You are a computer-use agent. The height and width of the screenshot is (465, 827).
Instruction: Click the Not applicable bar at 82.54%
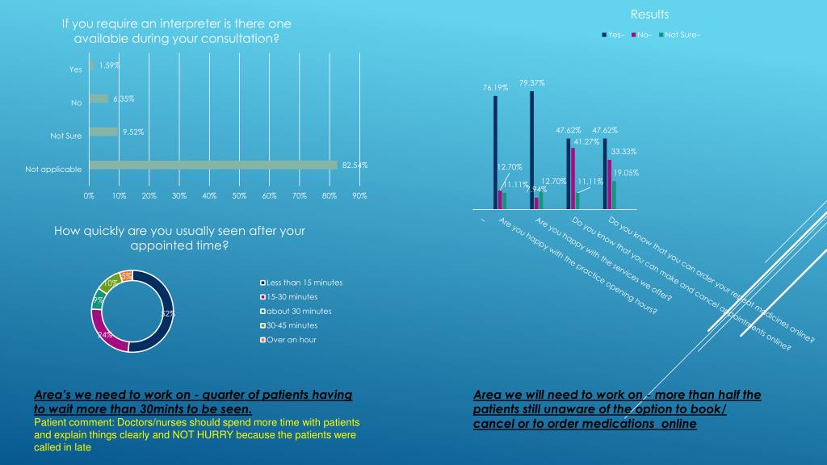212,165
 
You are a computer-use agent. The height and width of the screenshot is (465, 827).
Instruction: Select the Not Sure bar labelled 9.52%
103,132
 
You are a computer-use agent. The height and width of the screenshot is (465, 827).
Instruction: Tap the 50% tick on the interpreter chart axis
239,196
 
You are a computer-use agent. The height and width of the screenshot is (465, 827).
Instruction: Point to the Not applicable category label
53,170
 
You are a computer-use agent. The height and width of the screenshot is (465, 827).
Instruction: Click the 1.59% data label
110,65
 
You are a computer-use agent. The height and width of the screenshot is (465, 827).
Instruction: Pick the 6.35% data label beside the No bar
124,98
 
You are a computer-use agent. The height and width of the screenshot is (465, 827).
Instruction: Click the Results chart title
649,15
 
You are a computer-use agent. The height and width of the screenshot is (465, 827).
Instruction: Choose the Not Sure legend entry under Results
680,34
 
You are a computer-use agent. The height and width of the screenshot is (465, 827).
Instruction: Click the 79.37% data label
531,82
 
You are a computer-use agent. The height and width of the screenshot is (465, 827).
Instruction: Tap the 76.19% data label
494,87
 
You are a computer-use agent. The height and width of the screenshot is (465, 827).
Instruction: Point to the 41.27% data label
586,141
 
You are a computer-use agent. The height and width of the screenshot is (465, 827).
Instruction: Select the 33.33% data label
623,151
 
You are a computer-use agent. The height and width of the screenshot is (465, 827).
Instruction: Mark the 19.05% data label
626,172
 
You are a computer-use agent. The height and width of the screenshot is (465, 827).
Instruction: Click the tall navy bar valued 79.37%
531,149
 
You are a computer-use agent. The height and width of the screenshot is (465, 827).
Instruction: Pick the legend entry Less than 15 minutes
304,283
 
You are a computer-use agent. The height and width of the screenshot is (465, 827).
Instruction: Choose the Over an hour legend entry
292,340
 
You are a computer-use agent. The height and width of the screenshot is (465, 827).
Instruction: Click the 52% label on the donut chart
168,314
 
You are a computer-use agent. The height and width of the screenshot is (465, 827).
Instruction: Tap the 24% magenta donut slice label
105,334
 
